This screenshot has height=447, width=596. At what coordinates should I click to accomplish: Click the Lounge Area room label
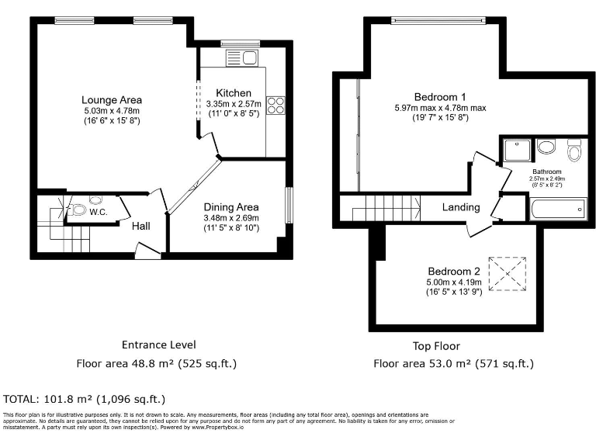[x=112, y=100]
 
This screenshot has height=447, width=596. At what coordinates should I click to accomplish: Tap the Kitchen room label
[x=234, y=93]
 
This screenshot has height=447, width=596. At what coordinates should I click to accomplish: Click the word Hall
[x=140, y=226]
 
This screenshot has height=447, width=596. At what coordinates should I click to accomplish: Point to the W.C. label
[x=98, y=211]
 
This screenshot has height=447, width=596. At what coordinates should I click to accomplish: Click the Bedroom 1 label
[x=439, y=97]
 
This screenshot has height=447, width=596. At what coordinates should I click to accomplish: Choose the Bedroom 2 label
[x=454, y=271]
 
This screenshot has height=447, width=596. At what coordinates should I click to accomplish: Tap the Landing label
[x=461, y=207]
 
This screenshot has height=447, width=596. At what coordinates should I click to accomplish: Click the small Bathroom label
[x=546, y=171]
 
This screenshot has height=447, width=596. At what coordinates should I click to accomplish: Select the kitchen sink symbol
[x=241, y=57]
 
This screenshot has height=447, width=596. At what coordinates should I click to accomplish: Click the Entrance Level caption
[x=158, y=345]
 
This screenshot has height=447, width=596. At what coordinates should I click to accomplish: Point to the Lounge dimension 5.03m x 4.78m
[x=112, y=111]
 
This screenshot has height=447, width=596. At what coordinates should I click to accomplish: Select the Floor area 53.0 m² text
[x=453, y=363]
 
